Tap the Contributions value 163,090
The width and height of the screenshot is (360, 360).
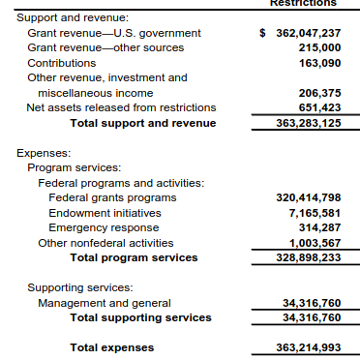(319, 62)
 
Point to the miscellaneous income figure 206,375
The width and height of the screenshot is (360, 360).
(319, 93)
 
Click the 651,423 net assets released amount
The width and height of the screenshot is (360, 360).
(319, 107)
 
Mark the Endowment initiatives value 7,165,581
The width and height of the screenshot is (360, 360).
(315, 213)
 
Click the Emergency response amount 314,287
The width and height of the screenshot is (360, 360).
(319, 227)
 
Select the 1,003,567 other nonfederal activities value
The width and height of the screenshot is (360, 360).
(315, 243)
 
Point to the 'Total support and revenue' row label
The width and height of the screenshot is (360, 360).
(143, 123)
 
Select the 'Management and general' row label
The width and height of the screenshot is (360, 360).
(105, 303)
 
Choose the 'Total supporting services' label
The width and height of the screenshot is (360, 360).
(140, 317)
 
